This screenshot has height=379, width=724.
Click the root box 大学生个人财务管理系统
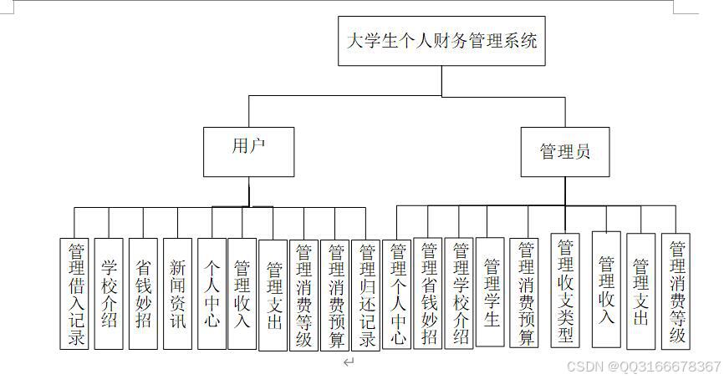point(442,41)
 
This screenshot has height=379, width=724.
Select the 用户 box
point(249,151)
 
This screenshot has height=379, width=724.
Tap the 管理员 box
point(565,151)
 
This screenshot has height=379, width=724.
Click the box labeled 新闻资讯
point(178,293)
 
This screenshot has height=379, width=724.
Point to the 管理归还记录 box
point(366,295)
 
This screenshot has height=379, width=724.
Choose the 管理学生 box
point(492,292)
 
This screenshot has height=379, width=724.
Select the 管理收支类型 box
point(565,291)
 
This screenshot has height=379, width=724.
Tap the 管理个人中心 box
point(398,294)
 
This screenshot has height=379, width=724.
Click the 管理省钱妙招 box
point(430,294)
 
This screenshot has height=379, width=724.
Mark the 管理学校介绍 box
point(460,294)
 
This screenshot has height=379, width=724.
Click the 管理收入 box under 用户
point(242,293)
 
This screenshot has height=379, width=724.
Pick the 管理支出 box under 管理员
point(641,291)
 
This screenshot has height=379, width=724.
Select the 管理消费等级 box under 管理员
point(676,291)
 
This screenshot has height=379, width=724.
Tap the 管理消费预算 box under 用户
point(336,295)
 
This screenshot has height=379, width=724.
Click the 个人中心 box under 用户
point(212,293)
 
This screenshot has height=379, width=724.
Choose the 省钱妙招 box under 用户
point(143,293)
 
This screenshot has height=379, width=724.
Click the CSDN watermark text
point(643,366)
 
